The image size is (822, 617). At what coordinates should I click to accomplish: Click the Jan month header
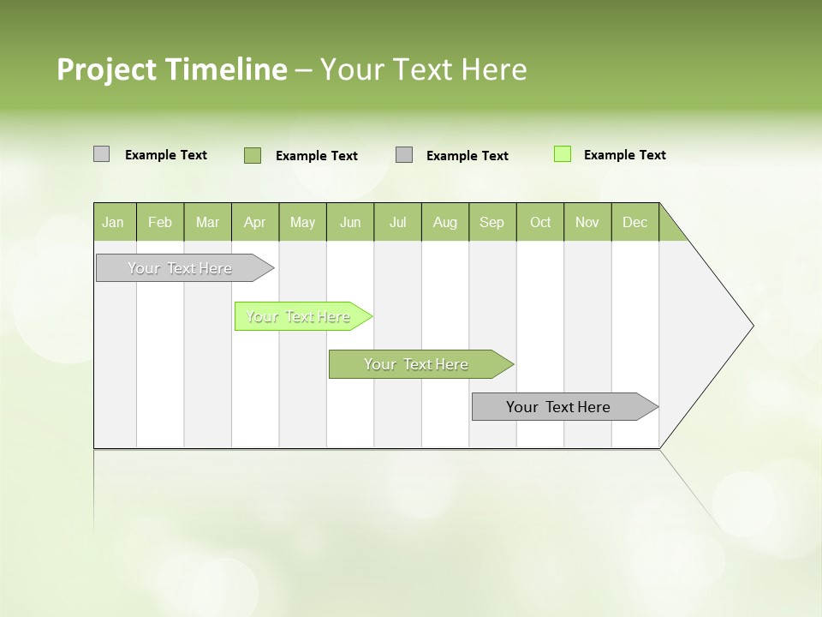114,222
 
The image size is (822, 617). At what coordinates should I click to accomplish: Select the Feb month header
160,222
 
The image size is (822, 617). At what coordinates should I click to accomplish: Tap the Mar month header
207,222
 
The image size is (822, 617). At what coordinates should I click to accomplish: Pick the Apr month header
255,222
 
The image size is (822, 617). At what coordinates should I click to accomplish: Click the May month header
302,222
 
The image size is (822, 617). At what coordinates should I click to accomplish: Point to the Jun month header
350,222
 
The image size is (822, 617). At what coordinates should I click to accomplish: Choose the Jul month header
397,222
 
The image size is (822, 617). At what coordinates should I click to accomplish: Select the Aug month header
445,222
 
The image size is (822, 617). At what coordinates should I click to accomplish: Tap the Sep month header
492,222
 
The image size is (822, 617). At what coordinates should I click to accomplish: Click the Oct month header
540,222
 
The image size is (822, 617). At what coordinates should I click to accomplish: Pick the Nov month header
587,222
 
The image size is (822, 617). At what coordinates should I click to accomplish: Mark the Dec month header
635,222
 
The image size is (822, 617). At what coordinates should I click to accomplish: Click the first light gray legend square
101,154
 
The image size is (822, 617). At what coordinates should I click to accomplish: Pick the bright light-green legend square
563,154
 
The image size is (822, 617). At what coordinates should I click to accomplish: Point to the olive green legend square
253,155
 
